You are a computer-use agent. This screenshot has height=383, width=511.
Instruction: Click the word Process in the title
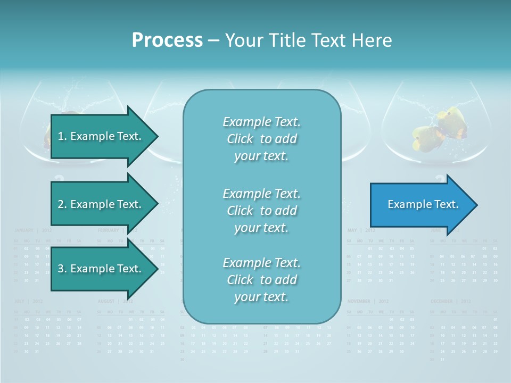pyautogui.click(x=167, y=40)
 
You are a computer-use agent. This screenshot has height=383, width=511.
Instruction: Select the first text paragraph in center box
pyautogui.click(x=261, y=139)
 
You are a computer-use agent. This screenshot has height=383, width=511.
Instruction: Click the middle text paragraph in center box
pyautogui.click(x=261, y=211)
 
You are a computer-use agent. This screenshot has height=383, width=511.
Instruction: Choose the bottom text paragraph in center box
pyautogui.click(x=261, y=280)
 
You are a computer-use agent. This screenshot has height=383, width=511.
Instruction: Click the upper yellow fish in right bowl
pyautogui.click(x=450, y=120)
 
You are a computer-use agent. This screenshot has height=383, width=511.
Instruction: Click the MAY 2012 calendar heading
pyautogui.click(x=361, y=230)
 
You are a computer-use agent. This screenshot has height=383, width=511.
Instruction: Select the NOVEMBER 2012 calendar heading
pyautogui.click(x=368, y=301)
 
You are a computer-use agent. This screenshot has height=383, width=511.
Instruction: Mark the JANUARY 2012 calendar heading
pyautogui.click(x=32, y=230)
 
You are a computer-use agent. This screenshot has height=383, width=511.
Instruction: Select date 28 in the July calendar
pyautogui.click(x=79, y=344)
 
